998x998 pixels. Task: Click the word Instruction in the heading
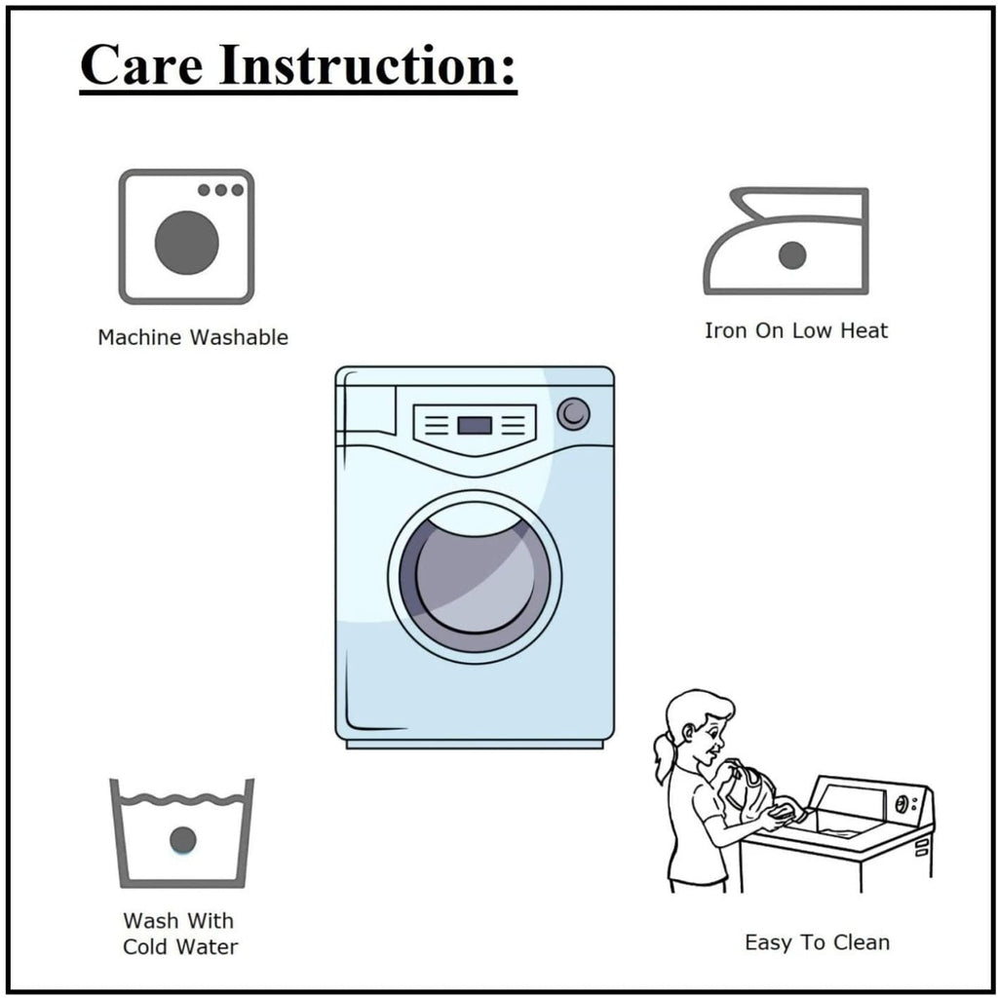tap(366, 64)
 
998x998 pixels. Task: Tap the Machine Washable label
tap(193, 336)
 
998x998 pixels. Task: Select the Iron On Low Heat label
tap(795, 330)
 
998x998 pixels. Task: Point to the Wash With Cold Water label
tap(180, 933)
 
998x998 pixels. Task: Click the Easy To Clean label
tap(818, 942)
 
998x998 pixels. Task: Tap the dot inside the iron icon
tap(792, 255)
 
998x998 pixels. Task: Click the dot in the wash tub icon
tap(182, 840)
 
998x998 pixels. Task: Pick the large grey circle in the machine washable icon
tap(186, 243)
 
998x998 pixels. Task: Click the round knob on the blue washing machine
tap(573, 413)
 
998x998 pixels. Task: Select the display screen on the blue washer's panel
tap(475, 425)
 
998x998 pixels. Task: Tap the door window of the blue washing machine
tap(475, 577)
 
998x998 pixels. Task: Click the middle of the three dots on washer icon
tap(221, 190)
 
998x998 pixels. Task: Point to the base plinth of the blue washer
tap(475, 744)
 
